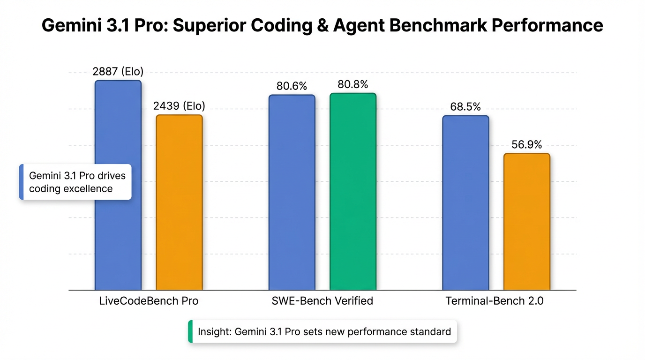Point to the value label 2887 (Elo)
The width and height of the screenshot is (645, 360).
[118, 72]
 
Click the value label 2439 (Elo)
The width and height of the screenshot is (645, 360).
[179, 106]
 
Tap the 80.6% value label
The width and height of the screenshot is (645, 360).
[292, 87]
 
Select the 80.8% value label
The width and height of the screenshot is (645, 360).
[352, 85]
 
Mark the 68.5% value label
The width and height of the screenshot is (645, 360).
[465, 107]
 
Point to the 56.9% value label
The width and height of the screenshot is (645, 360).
[526, 145]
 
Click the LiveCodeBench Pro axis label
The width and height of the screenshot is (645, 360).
[149, 301]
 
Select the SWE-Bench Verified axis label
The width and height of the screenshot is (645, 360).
[322, 301]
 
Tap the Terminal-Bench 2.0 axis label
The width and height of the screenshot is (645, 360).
[494, 301]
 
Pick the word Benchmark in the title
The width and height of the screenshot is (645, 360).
[436, 25]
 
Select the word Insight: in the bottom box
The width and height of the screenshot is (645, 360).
[214, 332]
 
